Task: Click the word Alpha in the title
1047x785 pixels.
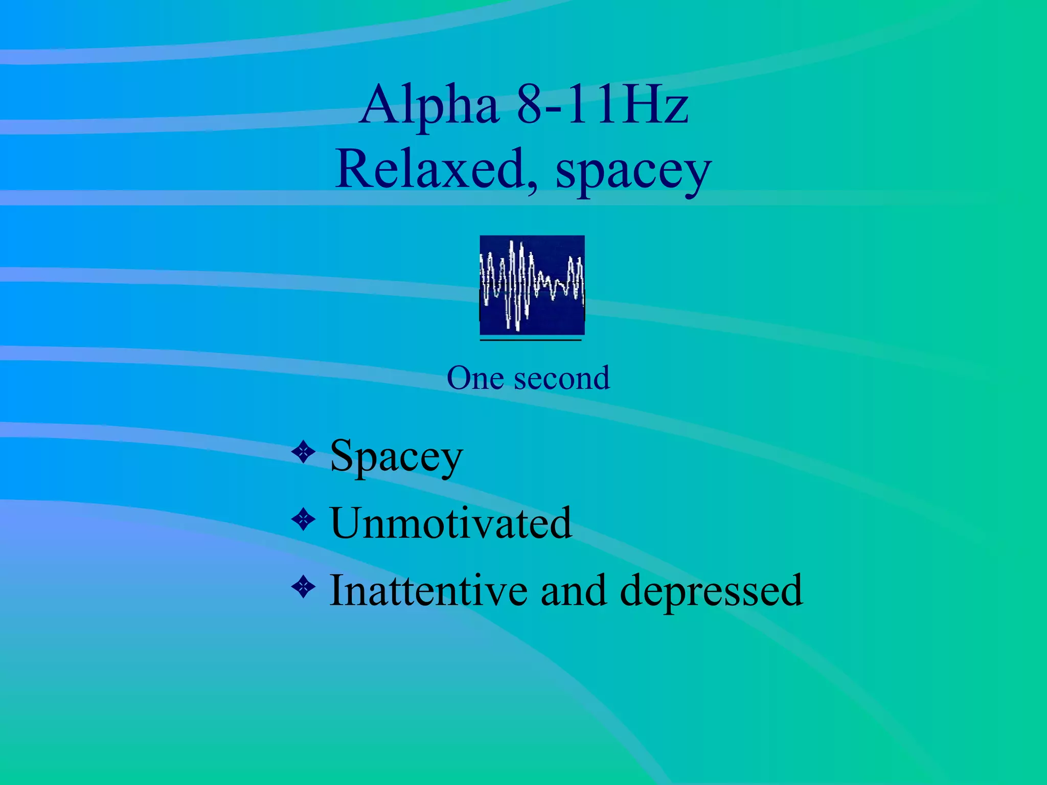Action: coord(429,106)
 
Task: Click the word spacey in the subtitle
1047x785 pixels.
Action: coord(633,171)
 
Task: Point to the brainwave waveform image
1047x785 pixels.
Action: coord(532,285)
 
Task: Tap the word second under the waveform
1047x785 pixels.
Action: coord(562,378)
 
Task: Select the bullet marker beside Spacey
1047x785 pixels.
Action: coord(304,452)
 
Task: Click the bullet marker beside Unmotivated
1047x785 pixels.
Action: coord(304,520)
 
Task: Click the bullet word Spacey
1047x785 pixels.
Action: coord(396,456)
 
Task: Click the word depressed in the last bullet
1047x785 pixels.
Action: coord(711,592)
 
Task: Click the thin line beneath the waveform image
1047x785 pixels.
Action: coord(531,340)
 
